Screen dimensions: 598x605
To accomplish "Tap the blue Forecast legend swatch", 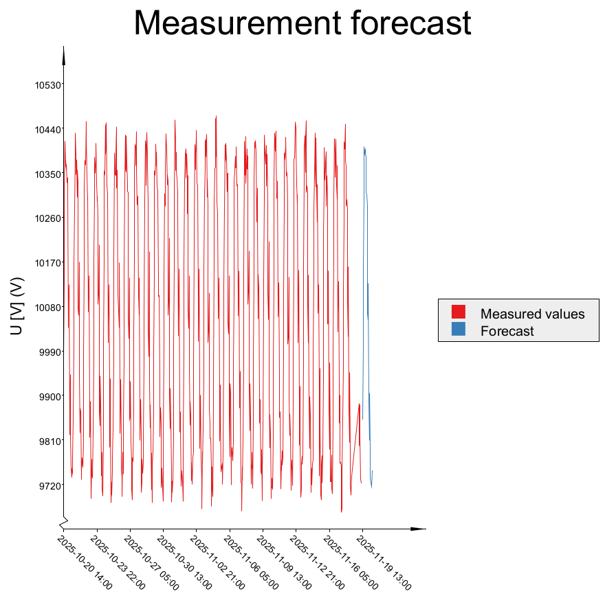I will click(x=459, y=330).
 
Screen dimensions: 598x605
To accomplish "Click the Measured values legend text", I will click(x=532, y=314).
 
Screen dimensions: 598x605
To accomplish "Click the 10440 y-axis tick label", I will click(x=48, y=130).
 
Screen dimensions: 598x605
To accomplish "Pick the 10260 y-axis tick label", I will click(x=48, y=218).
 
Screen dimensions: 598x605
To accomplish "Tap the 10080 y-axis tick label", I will click(x=48, y=308).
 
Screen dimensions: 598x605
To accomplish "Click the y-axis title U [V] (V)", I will click(x=17, y=306).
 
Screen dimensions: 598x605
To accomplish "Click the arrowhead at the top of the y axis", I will click(x=64, y=55).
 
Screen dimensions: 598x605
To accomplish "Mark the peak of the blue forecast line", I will click(x=364, y=147).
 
